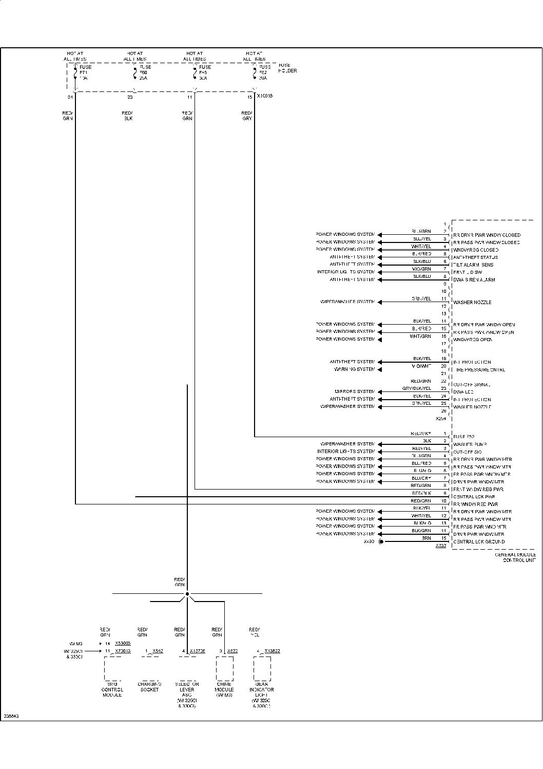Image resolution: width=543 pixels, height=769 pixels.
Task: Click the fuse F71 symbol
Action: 75,72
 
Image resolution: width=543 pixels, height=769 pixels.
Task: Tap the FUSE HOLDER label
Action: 287,68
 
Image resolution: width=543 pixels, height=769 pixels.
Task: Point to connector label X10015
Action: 264,96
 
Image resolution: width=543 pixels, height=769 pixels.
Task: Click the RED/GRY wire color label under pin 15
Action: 247,116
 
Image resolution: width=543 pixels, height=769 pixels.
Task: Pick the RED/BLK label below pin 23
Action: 127,116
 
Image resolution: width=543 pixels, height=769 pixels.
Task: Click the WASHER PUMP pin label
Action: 470,444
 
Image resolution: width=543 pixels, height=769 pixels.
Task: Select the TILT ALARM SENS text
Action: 473,265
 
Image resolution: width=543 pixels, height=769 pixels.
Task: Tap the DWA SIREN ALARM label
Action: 474,280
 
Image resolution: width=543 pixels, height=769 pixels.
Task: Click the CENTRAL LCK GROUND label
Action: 479,541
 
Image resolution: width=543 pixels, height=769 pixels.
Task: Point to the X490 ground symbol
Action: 381,541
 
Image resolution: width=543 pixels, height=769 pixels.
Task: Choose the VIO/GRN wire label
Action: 421,269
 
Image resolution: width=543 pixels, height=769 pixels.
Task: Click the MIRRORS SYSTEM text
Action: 355,391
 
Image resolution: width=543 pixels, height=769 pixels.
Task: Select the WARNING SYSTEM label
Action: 355,369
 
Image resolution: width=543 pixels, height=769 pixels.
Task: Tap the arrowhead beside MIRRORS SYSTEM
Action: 380,391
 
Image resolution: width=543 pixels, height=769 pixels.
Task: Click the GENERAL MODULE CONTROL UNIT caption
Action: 515,557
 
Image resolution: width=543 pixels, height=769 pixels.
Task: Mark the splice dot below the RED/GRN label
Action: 187,594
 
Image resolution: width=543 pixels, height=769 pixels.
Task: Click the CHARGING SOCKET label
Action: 149,687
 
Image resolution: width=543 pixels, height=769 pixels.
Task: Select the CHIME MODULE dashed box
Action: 224,668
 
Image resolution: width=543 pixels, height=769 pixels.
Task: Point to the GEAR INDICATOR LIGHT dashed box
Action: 262,668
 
